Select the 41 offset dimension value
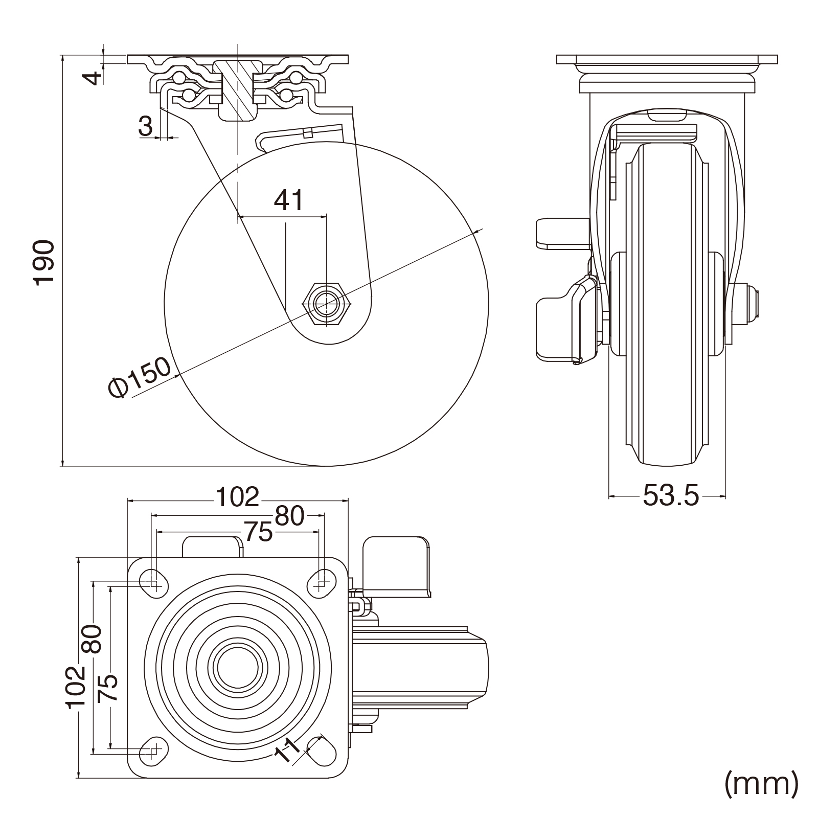click(x=289, y=200)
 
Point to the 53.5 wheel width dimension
click(x=670, y=495)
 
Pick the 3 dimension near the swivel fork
click(x=146, y=126)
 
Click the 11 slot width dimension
click(x=287, y=751)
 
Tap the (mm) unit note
click(x=761, y=783)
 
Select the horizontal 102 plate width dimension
click(x=237, y=496)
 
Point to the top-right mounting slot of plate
click(x=322, y=583)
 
